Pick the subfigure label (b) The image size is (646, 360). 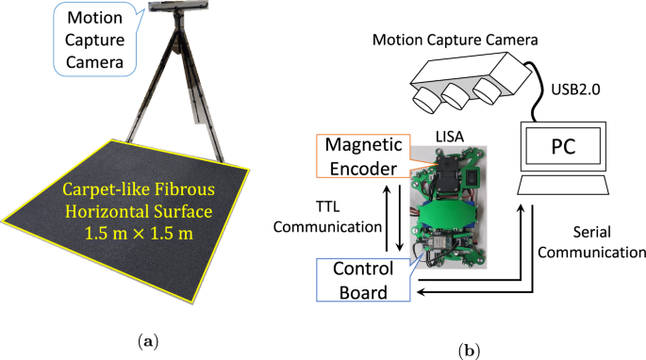(x=470, y=350)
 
